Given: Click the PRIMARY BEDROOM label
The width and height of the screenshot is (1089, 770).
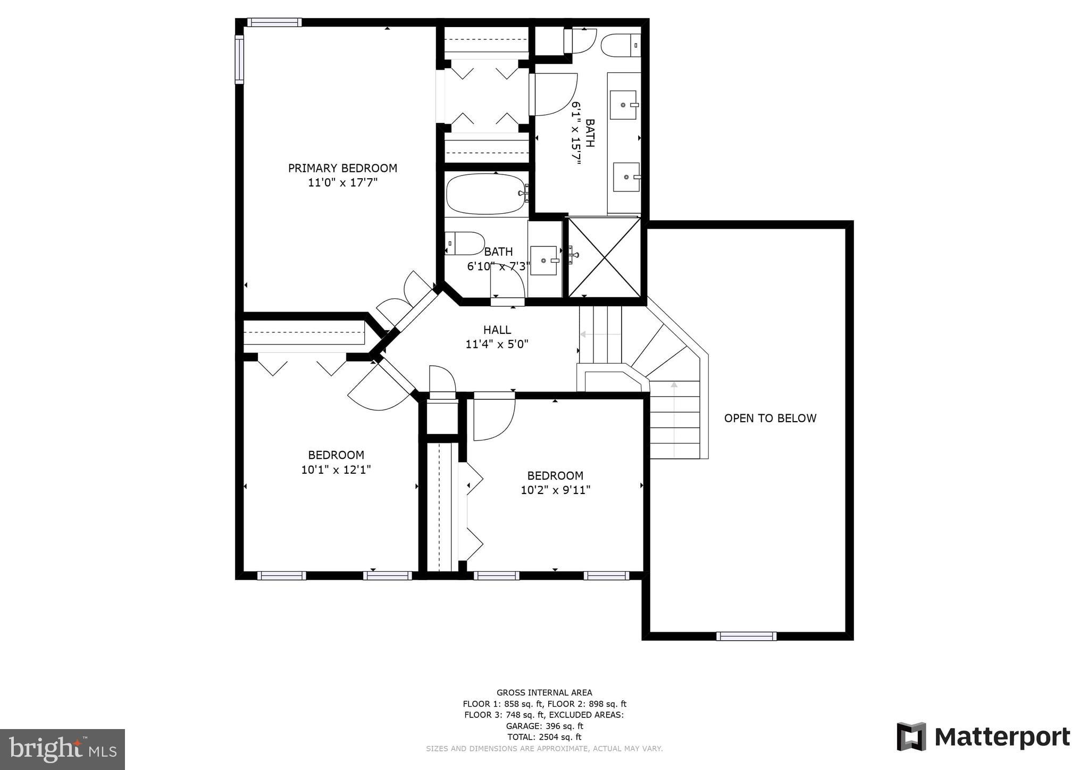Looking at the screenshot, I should [342, 168].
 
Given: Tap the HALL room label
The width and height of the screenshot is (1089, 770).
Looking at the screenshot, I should [497, 330].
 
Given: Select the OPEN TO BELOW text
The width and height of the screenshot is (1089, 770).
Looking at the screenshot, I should [770, 418].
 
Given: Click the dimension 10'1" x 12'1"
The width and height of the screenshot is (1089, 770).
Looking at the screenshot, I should [336, 470].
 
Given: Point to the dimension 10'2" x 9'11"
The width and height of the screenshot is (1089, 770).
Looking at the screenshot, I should [555, 490].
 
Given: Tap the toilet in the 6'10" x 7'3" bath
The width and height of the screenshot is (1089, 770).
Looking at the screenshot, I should [464, 243].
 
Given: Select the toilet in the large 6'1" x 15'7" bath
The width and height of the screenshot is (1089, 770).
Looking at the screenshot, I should [620, 45].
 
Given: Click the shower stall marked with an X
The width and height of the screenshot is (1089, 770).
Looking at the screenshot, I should [605, 257].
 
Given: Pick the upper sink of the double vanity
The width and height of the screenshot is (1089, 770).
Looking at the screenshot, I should [623, 105].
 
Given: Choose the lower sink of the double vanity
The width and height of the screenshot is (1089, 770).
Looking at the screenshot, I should [626, 177].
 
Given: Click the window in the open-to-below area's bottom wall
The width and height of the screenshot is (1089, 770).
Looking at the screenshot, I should [746, 636].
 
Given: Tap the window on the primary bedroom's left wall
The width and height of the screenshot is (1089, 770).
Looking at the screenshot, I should [239, 60].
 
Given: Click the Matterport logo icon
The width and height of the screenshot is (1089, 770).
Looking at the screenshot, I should [911, 736].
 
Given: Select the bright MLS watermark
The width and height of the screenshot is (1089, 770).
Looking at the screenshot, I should [62, 749].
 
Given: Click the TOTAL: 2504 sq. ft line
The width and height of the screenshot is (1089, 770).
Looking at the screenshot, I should [544, 737].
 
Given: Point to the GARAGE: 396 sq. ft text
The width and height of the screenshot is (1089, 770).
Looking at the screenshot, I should [544, 726].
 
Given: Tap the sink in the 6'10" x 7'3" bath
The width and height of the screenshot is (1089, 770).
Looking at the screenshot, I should [543, 261].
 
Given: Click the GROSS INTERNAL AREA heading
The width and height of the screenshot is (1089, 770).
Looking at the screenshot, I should [544, 692].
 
